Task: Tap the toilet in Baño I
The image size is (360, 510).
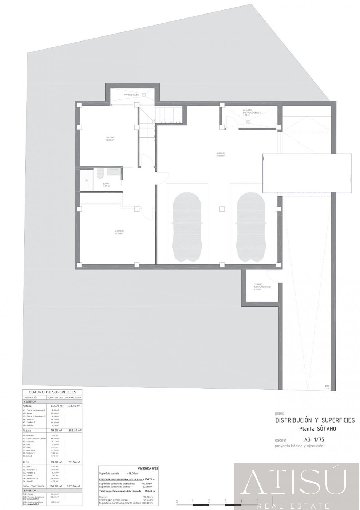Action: point(100,175)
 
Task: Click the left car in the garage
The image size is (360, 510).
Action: point(187,227)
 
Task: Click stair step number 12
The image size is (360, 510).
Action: point(180,122)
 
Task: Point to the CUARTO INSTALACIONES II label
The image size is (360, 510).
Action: point(252,111)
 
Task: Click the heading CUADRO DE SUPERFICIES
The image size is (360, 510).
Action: point(52,392)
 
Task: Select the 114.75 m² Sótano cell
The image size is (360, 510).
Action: point(55,405)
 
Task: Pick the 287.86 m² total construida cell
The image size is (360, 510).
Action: point(73,486)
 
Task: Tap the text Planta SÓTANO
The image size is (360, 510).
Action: point(317,428)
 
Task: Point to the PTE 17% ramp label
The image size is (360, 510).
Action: point(327,387)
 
